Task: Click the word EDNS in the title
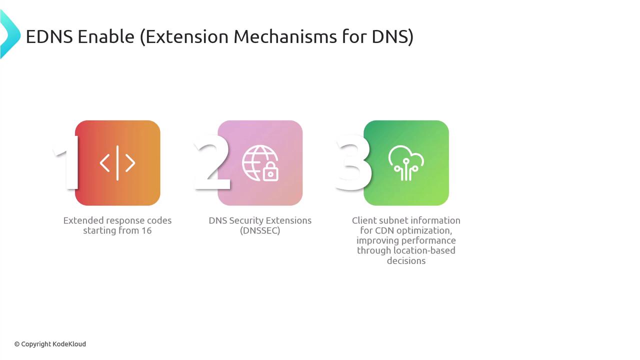(x=49, y=37)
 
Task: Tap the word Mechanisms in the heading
(x=285, y=37)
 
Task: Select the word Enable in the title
(x=105, y=37)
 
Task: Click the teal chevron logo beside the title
(x=10, y=34)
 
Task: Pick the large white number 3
(x=353, y=162)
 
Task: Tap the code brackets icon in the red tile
(x=117, y=163)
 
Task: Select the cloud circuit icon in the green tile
(x=406, y=163)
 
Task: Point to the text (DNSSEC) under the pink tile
(x=260, y=230)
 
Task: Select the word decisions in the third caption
(x=406, y=260)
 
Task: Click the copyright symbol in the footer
(x=17, y=344)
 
